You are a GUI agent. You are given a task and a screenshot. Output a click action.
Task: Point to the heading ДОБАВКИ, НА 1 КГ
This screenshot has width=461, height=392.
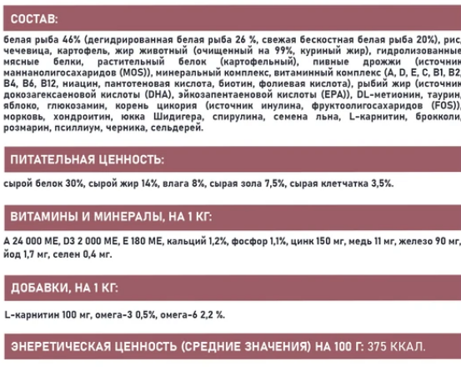coord(63,289)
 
